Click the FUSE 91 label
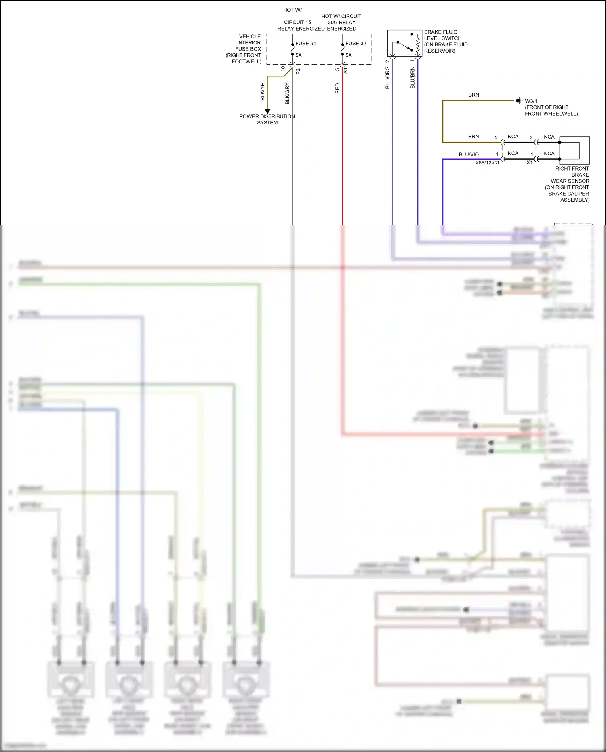[305, 44]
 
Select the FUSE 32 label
[356, 44]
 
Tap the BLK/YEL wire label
[263, 91]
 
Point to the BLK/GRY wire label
[287, 94]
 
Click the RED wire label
[337, 88]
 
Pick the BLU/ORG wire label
[387, 78]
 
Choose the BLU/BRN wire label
[412, 78]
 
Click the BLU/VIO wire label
[469, 154]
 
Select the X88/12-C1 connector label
[487, 163]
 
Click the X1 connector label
[529, 162]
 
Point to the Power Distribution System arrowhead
[267, 111]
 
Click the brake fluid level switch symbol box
[404, 43]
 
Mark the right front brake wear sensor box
[574, 150]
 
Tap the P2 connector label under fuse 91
[298, 71]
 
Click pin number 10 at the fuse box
[283, 69]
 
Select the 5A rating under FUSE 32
[349, 55]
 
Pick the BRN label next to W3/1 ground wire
[473, 95]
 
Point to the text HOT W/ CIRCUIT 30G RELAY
[341, 19]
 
